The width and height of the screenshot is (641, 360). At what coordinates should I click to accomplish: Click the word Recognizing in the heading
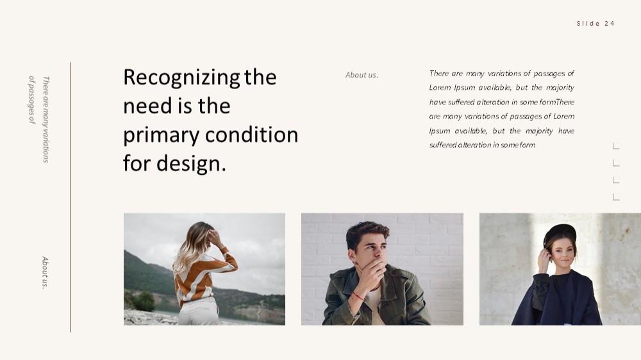click(x=181, y=78)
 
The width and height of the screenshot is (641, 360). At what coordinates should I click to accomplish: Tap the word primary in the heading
click(x=161, y=136)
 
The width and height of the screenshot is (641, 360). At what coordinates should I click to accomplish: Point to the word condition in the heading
click(x=251, y=135)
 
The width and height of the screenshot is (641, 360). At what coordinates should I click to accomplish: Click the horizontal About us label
click(x=362, y=75)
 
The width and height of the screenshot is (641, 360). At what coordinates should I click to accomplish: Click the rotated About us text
click(x=45, y=272)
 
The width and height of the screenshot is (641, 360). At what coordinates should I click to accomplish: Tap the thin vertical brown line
click(x=71, y=197)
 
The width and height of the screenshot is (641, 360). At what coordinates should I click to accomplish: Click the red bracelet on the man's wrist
click(x=358, y=296)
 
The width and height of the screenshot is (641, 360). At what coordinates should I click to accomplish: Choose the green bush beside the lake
click(x=144, y=301)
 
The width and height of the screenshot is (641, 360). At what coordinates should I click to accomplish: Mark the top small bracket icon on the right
click(x=616, y=146)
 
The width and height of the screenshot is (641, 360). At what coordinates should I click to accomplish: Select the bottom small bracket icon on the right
click(x=616, y=197)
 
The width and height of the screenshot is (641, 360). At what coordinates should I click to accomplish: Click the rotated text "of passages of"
click(x=32, y=100)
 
